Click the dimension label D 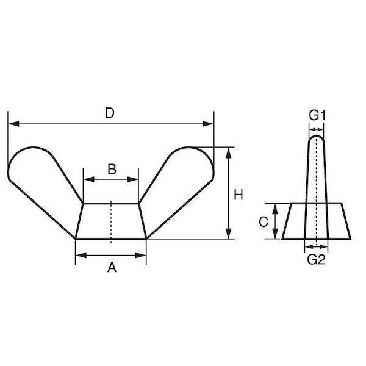tap(110, 113)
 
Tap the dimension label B tap(112, 169)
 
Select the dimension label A tap(112, 267)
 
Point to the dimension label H tap(239, 195)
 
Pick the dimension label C tap(264, 222)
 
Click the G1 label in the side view tap(317, 115)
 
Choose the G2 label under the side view tap(316, 259)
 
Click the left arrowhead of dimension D tap(13, 124)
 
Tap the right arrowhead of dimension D tap(208, 124)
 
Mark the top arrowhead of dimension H tap(229, 152)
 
